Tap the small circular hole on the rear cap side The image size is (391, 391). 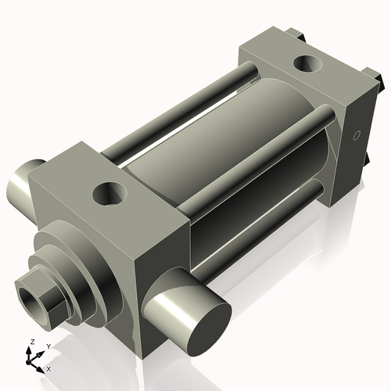[357, 136]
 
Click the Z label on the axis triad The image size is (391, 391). [30, 342]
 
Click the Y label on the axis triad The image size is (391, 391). [48, 345]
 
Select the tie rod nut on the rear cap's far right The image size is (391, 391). [378, 78]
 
